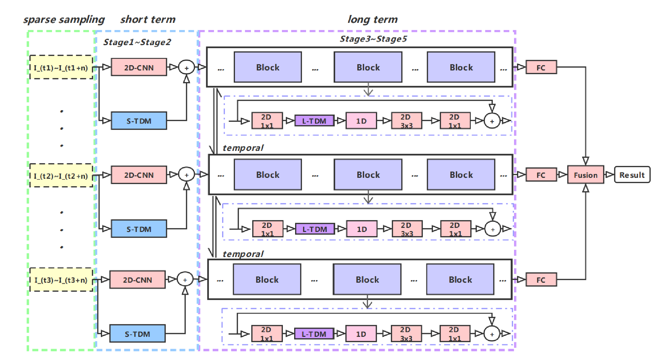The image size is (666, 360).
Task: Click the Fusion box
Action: (585, 175)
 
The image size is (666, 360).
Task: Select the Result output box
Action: (632, 175)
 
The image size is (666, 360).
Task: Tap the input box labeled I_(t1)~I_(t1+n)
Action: (61, 68)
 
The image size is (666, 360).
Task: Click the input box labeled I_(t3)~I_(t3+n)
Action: (61, 280)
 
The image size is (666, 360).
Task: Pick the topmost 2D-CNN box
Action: (139, 67)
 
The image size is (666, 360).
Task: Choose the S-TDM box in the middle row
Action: (139, 229)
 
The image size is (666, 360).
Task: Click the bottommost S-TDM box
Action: (138, 334)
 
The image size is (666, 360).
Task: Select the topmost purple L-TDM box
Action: (314, 121)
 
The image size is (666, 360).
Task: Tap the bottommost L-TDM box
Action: (314, 334)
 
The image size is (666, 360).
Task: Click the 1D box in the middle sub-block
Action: (362, 229)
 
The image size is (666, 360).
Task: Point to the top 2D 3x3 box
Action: (406, 121)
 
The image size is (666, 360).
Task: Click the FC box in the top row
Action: (541, 67)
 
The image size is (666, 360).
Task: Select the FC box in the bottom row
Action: (541, 280)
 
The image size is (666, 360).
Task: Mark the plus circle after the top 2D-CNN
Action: (186, 67)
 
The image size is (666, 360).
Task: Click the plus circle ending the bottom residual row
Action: (492, 334)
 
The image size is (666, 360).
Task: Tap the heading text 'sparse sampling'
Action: (64, 19)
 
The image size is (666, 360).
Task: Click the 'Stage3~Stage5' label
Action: (373, 39)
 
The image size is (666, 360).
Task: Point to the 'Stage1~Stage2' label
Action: (137, 42)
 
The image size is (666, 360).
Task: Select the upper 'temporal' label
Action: (243, 148)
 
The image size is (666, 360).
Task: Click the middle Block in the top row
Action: (368, 67)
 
